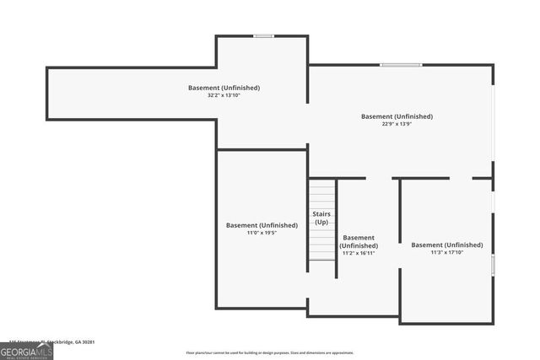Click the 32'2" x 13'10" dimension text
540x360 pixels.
pyautogui.click(x=224, y=95)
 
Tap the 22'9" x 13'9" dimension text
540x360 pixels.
pyautogui.click(x=397, y=124)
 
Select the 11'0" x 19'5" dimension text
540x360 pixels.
pyautogui.click(x=262, y=233)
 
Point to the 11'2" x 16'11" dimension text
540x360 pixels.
pyautogui.click(x=359, y=252)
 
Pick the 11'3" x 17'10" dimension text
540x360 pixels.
pyautogui.click(x=447, y=252)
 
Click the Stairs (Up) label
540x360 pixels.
pyautogui.click(x=321, y=218)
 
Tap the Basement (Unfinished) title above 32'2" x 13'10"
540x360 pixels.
pyautogui.click(x=224, y=88)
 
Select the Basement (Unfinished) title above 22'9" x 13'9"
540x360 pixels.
pyautogui.click(x=397, y=116)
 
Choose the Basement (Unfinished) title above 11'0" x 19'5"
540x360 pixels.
pyautogui.click(x=262, y=225)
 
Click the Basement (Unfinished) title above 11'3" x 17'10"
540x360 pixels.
pyautogui.click(x=447, y=244)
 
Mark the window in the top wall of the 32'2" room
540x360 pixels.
pyautogui.click(x=263, y=35)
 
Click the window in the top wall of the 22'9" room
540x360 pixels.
pyautogui.click(x=400, y=65)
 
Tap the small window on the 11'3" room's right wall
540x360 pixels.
pyautogui.click(x=493, y=266)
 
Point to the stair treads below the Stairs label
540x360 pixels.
pyautogui.click(x=321, y=244)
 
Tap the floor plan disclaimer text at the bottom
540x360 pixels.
pyautogui.click(x=270, y=352)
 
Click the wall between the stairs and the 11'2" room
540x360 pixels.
pyautogui.click(x=337, y=228)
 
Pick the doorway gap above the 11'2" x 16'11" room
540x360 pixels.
pyautogui.click(x=379, y=178)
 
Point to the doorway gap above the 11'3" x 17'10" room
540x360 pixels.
pyautogui.click(x=461, y=178)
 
